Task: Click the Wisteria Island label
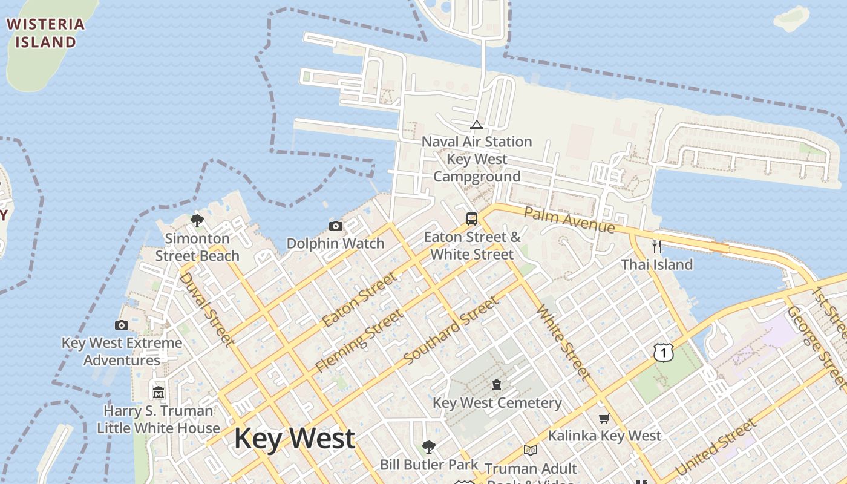[45, 33]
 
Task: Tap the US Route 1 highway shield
[664, 352]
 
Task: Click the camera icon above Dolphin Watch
[336, 226]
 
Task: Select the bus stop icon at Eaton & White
[472, 219]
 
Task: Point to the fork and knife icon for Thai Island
[657, 246]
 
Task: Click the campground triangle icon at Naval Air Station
[477, 125]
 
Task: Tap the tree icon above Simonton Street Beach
[197, 220]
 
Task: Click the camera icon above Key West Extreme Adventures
[122, 325]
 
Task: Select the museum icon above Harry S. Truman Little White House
[159, 393]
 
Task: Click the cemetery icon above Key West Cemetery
[497, 385]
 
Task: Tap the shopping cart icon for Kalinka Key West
[604, 418]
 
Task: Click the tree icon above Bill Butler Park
[429, 447]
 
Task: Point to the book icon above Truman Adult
[531, 450]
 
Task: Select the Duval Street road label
[207, 310]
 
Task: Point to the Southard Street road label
[451, 330]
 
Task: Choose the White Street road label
[563, 342]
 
